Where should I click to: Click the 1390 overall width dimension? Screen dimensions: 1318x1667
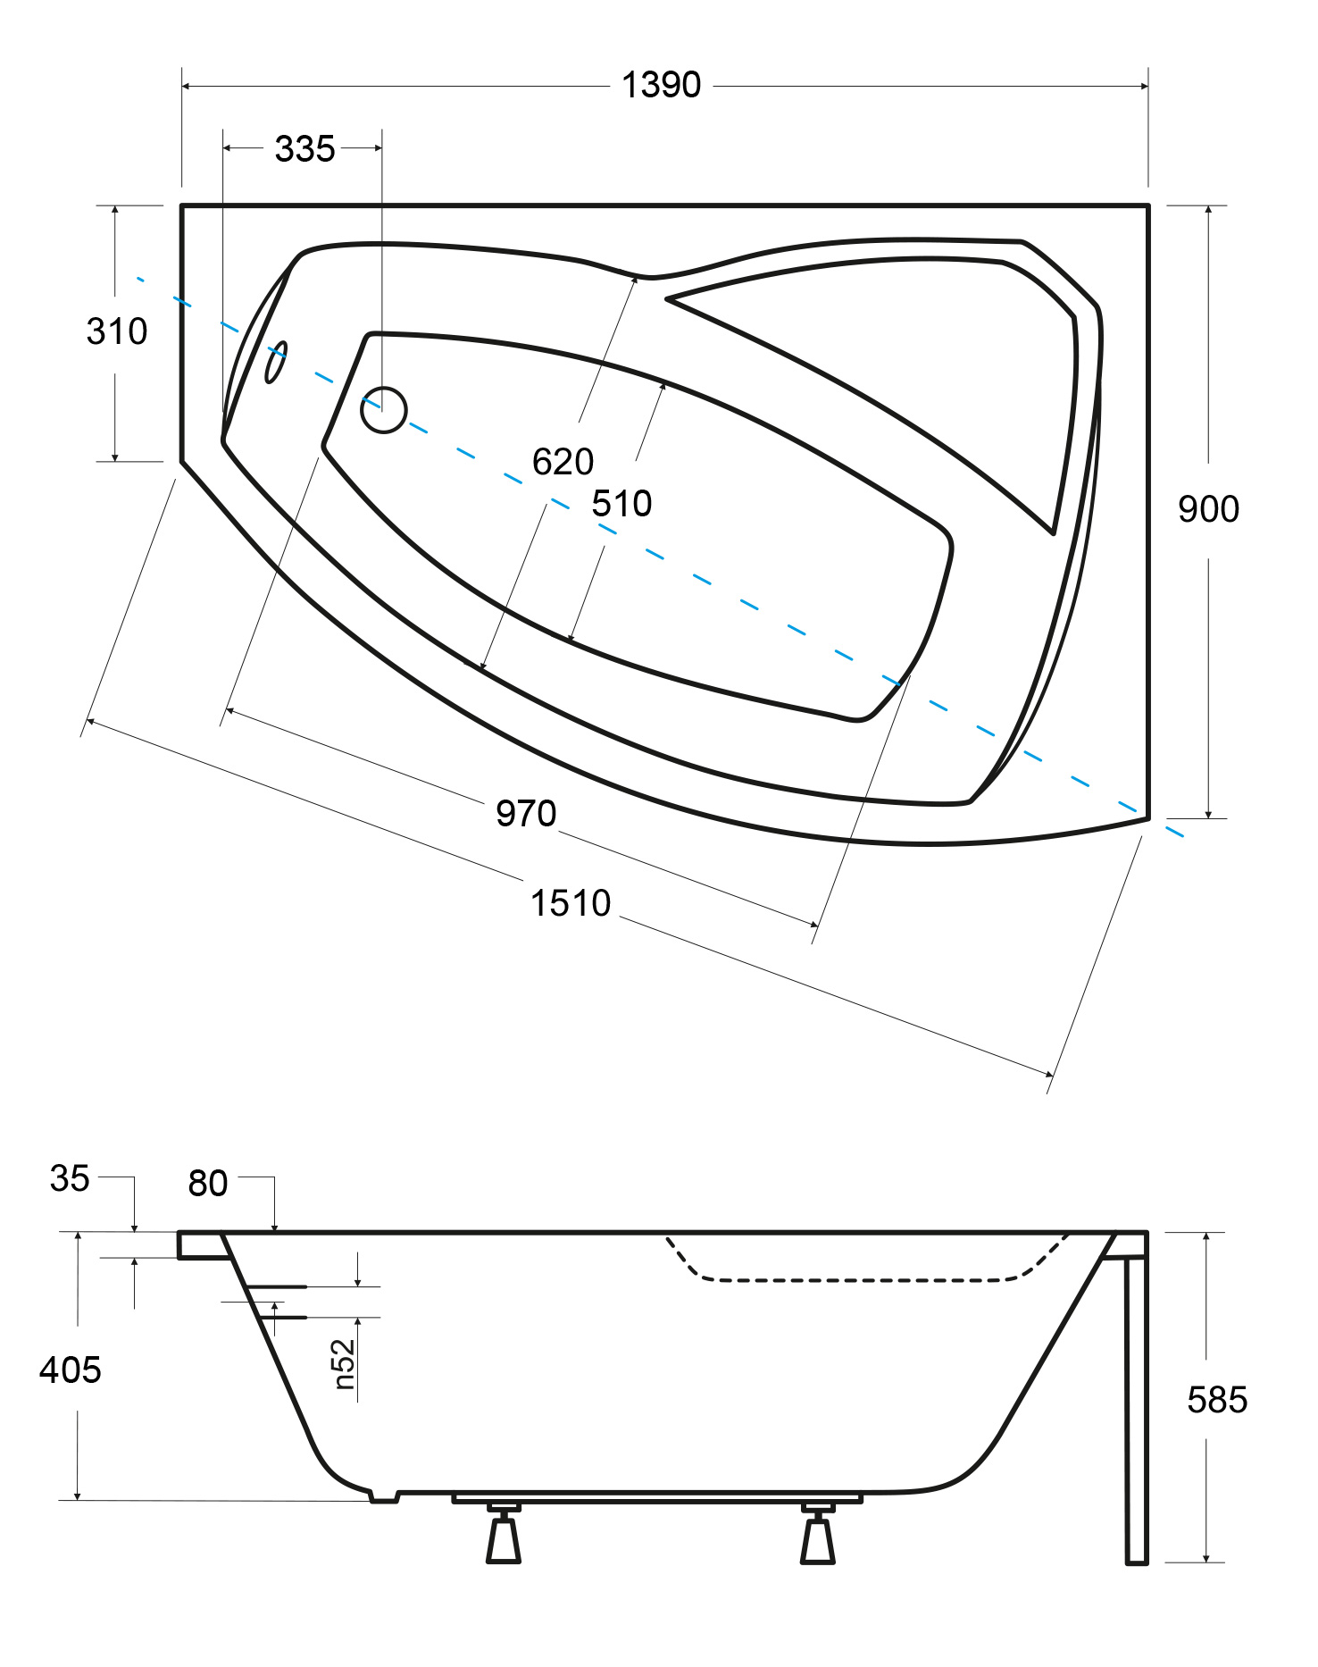point(661,86)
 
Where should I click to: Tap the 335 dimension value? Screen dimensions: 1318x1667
point(304,149)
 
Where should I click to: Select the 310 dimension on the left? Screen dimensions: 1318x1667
point(117,331)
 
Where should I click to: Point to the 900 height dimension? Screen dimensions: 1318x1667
point(1208,509)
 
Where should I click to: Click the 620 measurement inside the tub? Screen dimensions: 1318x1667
point(563,462)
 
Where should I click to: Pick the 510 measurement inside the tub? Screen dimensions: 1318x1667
point(621,504)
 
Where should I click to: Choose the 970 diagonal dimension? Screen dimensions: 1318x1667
point(526,814)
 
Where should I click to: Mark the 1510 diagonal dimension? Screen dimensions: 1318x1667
point(571,903)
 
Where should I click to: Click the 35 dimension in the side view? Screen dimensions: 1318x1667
point(70,1178)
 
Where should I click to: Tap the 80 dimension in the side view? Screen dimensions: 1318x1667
point(208,1183)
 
